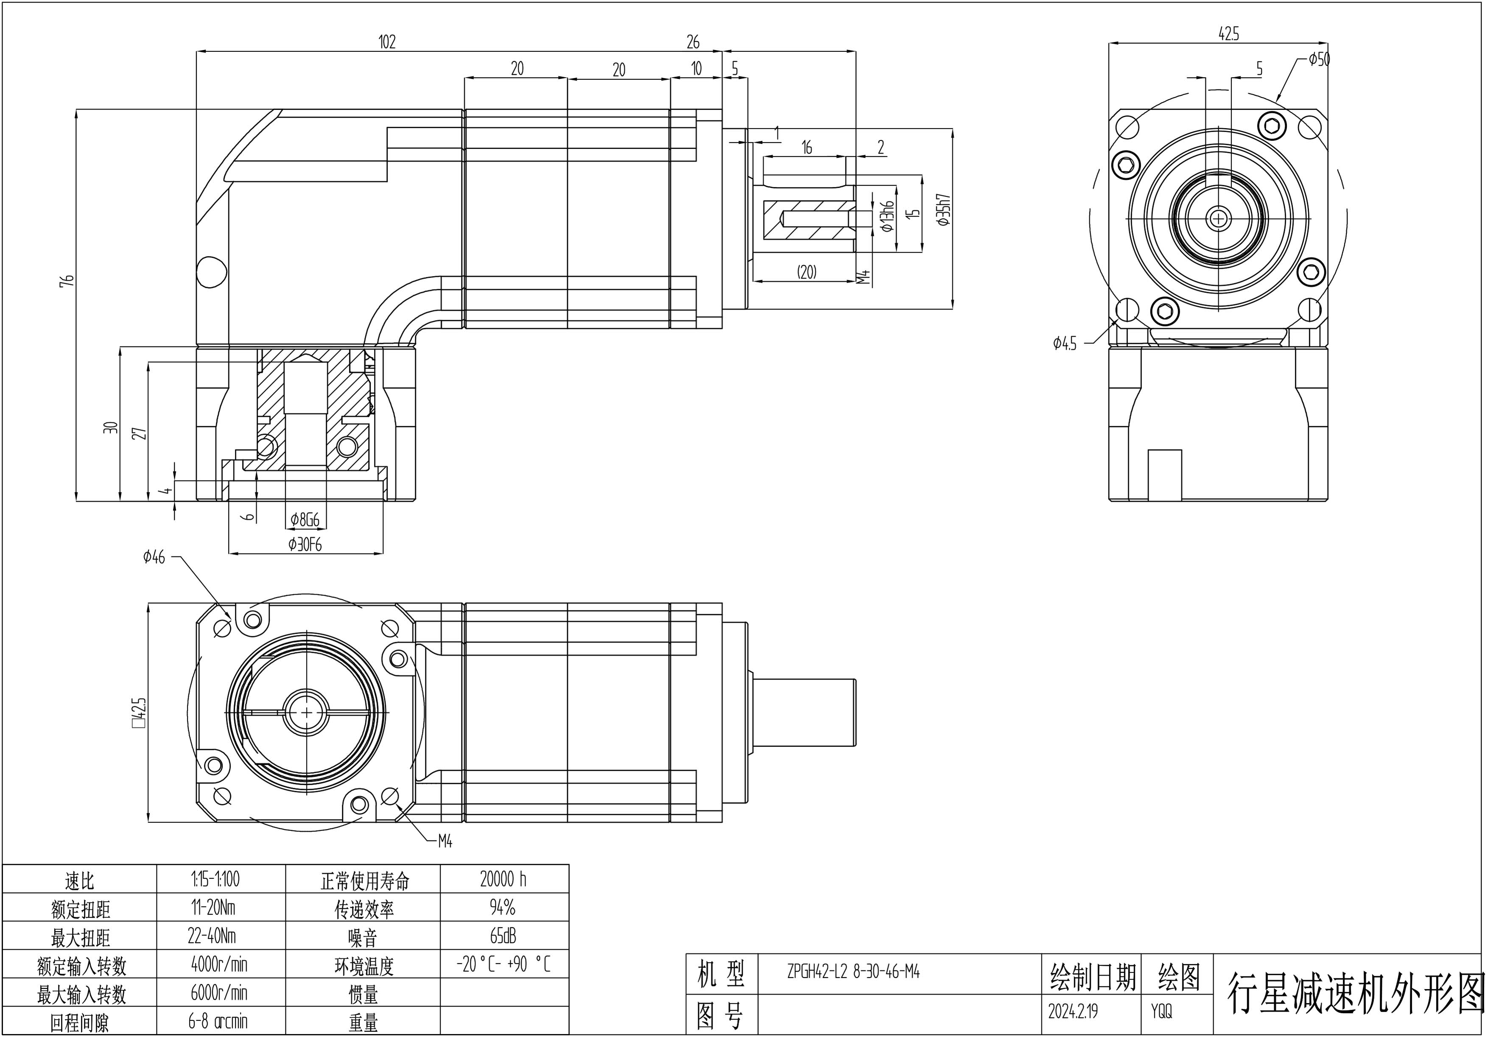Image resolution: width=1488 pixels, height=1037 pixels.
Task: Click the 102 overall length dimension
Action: click(387, 42)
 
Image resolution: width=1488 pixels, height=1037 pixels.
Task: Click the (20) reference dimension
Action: click(806, 271)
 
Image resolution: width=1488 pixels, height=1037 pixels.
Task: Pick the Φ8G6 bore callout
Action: click(305, 519)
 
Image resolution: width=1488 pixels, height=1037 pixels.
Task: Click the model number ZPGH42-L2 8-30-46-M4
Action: click(853, 972)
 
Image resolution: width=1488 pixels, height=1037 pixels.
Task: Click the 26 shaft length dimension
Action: click(693, 42)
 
